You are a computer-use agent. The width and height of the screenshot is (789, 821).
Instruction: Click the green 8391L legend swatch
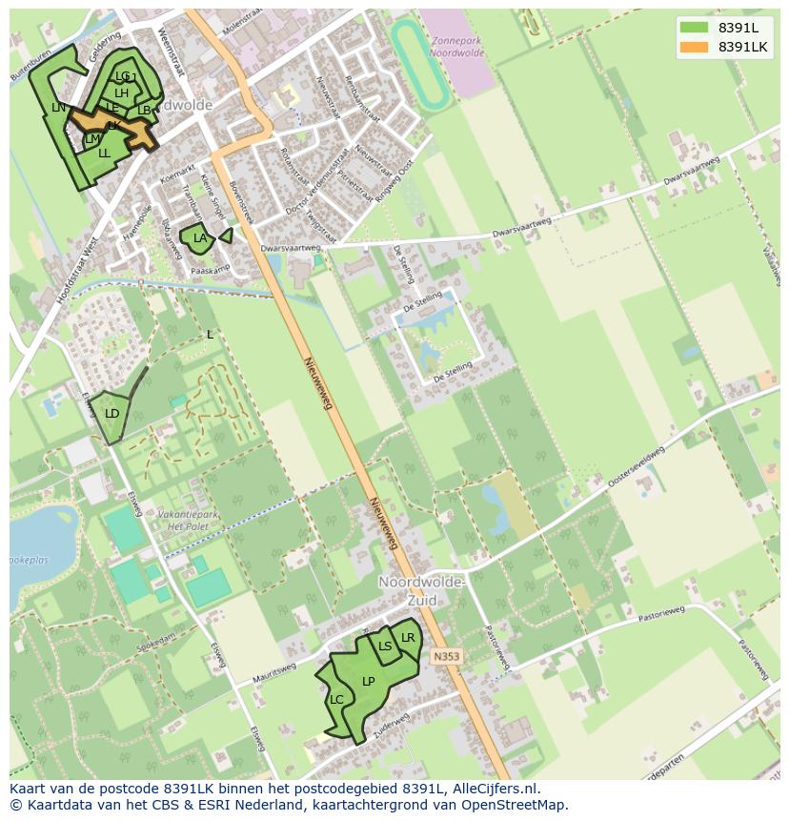click(694, 27)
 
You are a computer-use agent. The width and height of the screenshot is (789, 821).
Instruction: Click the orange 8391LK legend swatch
click(694, 47)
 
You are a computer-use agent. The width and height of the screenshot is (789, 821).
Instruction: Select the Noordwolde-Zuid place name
click(421, 590)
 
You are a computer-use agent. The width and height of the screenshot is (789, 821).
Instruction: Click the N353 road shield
click(445, 657)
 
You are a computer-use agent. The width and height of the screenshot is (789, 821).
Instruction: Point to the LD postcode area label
click(112, 414)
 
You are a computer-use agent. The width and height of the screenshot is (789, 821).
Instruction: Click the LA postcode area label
click(200, 238)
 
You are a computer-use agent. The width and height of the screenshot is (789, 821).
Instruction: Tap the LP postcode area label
click(369, 682)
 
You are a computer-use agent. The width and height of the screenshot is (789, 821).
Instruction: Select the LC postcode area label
click(336, 700)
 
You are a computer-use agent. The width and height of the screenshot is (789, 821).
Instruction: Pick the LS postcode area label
click(385, 647)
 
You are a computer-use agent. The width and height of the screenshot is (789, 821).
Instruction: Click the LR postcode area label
click(408, 638)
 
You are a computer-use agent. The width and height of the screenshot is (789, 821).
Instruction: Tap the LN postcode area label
click(59, 108)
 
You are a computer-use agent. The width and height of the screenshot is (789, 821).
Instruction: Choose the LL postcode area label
click(104, 154)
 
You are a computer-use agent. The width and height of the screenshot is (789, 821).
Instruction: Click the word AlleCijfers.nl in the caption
click(496, 789)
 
